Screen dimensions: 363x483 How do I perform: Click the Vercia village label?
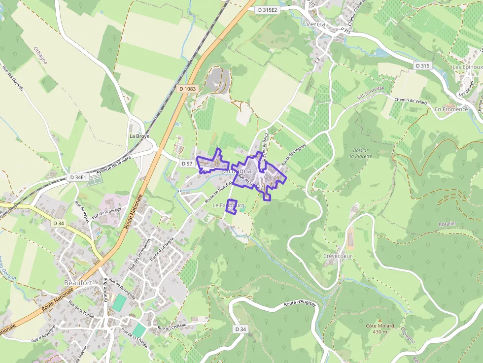click(x=316, y=24)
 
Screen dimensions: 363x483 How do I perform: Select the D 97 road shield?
click(x=187, y=163)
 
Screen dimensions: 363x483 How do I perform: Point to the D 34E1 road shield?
click(x=78, y=177)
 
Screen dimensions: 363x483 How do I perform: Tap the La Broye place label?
click(x=139, y=136)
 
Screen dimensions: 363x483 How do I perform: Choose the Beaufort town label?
click(x=78, y=283)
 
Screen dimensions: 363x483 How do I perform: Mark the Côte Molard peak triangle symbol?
click(x=379, y=320)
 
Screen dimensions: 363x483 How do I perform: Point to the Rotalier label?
click(x=448, y=224)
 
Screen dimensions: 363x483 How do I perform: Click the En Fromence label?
click(x=451, y=109)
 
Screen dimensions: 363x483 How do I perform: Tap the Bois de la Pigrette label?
click(x=361, y=153)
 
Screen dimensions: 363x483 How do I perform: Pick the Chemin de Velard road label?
click(x=410, y=100)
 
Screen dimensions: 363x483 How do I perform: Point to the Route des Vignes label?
click(x=294, y=154)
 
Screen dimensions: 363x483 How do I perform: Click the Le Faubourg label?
click(x=228, y=205)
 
